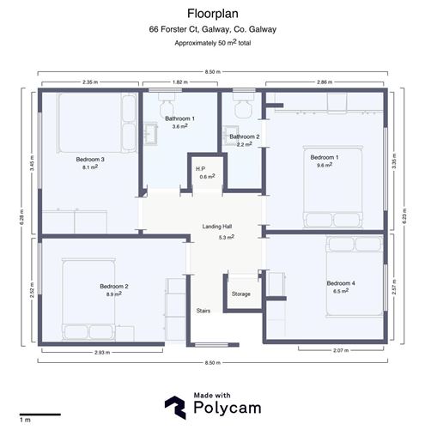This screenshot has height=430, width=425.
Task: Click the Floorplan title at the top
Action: point(212,13)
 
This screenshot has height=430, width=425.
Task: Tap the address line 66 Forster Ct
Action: point(212,29)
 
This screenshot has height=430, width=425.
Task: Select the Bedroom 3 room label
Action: point(90,160)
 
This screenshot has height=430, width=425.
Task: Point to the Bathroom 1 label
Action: point(180,118)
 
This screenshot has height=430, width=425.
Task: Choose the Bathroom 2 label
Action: point(244,136)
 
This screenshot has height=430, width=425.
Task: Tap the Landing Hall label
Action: point(219,227)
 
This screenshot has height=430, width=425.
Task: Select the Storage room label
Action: point(241,294)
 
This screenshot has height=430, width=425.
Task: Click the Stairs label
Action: point(203,311)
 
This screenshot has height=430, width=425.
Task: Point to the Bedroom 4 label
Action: point(340,283)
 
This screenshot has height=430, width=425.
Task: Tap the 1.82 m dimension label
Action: point(180,83)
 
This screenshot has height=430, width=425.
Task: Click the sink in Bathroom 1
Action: point(154,135)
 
